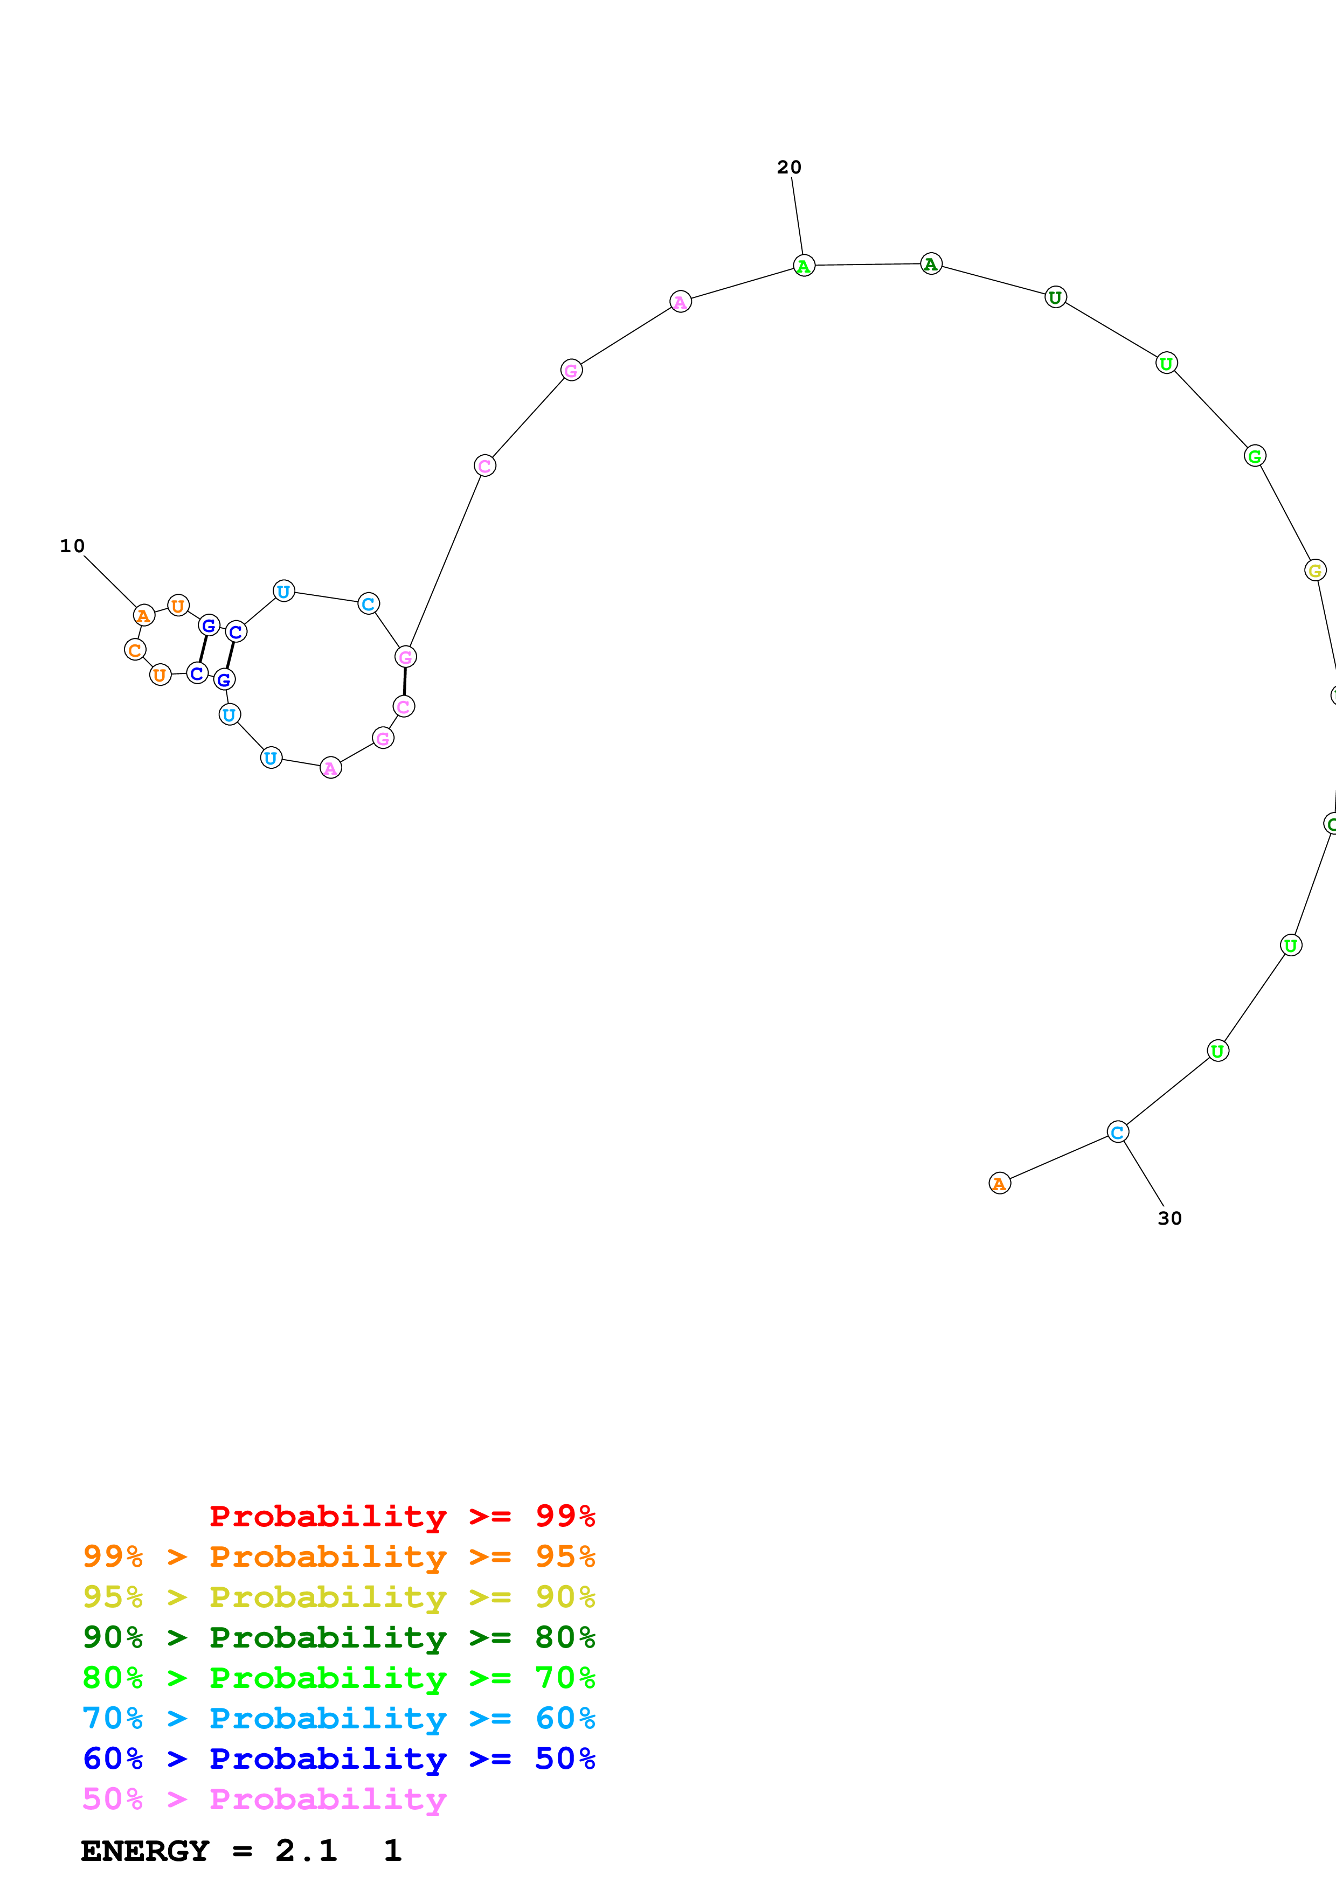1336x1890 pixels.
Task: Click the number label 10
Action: (72, 546)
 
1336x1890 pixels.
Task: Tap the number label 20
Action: (788, 167)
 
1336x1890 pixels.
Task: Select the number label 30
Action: (1169, 1218)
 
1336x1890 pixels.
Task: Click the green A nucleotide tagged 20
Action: (804, 266)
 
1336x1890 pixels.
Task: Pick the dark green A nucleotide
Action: (930, 264)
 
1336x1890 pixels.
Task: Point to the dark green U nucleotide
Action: (1055, 297)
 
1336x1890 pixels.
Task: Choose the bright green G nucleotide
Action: (1254, 456)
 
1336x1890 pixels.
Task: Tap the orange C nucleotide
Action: (135, 649)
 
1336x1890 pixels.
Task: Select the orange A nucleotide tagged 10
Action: (143, 615)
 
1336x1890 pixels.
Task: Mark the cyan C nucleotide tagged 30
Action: (1116, 1132)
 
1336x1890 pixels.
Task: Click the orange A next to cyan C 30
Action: (999, 1183)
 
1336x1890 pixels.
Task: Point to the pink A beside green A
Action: (680, 302)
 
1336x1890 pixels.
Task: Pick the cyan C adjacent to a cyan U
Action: (368, 603)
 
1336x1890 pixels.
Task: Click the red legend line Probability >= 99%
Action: (402, 1516)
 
